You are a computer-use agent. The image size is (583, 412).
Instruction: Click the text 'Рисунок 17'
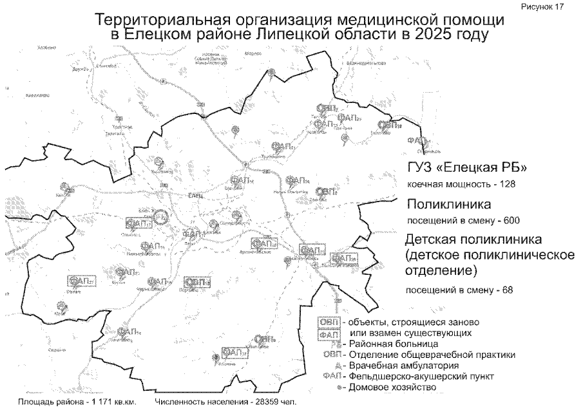point(553,6)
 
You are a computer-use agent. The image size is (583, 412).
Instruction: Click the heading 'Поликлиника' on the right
point(450,205)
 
